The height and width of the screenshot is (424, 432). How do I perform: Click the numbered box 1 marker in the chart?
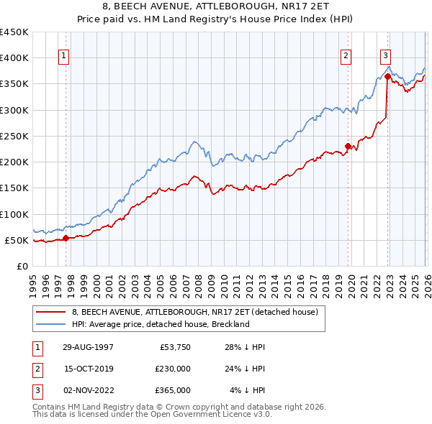pyautogui.click(x=64, y=55)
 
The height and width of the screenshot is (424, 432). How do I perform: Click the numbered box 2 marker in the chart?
pyautogui.click(x=346, y=55)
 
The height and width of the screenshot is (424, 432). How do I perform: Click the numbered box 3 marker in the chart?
pyautogui.click(x=385, y=55)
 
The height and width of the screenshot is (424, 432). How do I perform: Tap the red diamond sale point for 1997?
pyautogui.click(x=66, y=238)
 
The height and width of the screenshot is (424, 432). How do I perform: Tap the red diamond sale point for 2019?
pyautogui.click(x=348, y=147)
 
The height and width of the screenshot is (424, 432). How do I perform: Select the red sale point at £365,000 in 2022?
pyautogui.click(x=387, y=76)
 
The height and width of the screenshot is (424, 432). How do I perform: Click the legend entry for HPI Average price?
pyautogui.click(x=160, y=324)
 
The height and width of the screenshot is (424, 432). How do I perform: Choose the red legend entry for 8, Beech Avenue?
pyautogui.click(x=199, y=312)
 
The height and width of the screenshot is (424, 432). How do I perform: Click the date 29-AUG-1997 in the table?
pyautogui.click(x=88, y=347)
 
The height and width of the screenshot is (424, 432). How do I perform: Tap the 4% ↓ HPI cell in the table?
pyautogui.click(x=248, y=390)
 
